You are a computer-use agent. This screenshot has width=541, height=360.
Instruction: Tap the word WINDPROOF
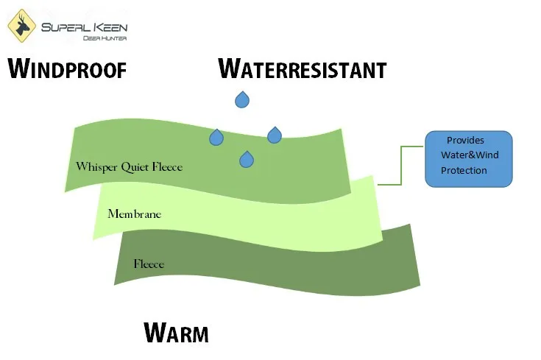[x=67, y=69]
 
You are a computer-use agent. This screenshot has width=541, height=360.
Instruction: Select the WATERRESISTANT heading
[x=302, y=69]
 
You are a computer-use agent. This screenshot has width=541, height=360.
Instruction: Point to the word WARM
[x=176, y=333]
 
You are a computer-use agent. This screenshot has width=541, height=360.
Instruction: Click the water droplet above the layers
[x=242, y=99]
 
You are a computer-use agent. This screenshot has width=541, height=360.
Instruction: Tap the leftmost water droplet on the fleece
[x=216, y=137]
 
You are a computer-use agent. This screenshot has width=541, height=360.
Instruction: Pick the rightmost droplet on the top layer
[x=275, y=135]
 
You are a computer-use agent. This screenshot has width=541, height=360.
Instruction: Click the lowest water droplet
[x=247, y=158]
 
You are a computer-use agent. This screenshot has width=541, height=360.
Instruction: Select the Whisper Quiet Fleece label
[x=129, y=167]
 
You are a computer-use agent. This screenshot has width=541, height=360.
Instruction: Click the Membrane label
[x=134, y=214]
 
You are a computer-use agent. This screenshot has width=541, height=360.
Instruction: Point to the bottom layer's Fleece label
[x=149, y=264]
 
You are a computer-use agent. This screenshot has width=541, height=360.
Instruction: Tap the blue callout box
[x=468, y=158]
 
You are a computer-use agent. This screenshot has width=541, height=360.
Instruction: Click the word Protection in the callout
[x=464, y=171]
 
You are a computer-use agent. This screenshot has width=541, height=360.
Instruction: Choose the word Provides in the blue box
[x=465, y=140]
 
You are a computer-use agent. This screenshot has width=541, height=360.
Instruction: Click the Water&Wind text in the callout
[x=469, y=155]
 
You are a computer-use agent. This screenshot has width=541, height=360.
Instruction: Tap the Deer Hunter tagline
[x=84, y=37]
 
